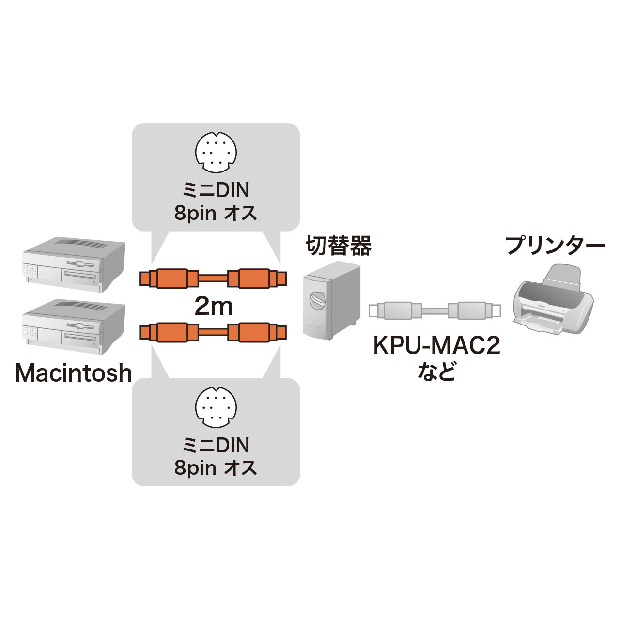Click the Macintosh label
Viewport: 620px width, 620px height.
tap(74, 373)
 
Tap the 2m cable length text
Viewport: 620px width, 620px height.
tap(213, 306)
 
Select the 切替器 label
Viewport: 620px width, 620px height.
tap(338, 247)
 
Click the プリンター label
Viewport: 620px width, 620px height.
tap(555, 246)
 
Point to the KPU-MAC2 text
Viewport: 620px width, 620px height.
tap(436, 347)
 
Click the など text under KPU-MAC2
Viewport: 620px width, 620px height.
tap(436, 372)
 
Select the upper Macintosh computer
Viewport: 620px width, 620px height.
tap(74, 264)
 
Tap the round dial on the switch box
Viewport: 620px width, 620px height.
tap(318, 300)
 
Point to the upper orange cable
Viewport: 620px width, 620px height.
tap(213, 279)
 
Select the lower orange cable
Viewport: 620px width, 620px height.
tap(213, 332)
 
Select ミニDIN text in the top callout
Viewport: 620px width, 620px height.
tap(216, 190)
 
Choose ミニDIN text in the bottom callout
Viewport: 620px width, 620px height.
tap(216, 445)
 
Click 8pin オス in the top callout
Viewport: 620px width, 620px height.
tap(216, 213)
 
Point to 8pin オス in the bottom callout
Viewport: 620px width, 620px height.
tap(216, 468)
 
